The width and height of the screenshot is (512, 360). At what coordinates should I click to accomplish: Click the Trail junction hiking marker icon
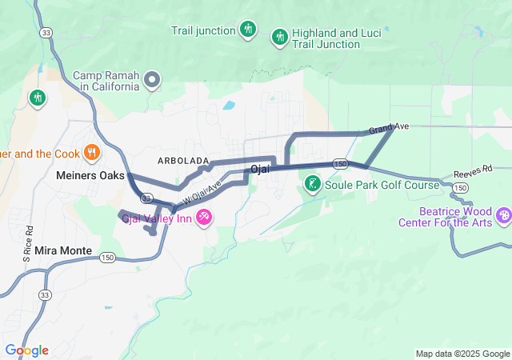pos(248,30)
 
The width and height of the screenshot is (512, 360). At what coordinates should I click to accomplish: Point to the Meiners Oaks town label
pos(87,174)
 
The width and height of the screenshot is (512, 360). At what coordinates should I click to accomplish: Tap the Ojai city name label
pos(261,169)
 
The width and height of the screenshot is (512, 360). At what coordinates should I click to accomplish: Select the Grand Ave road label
pos(389,128)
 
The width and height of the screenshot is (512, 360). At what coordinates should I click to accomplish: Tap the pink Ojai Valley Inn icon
pos(205,217)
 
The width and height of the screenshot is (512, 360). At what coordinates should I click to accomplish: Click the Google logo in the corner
pos(26,350)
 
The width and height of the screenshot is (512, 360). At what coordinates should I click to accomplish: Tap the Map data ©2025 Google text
pos(462,354)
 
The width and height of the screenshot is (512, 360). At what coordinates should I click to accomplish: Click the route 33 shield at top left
pos(47,32)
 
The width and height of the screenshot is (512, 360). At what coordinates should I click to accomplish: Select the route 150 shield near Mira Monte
pos(108,258)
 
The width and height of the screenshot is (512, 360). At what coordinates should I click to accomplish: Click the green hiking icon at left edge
pos(37,98)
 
